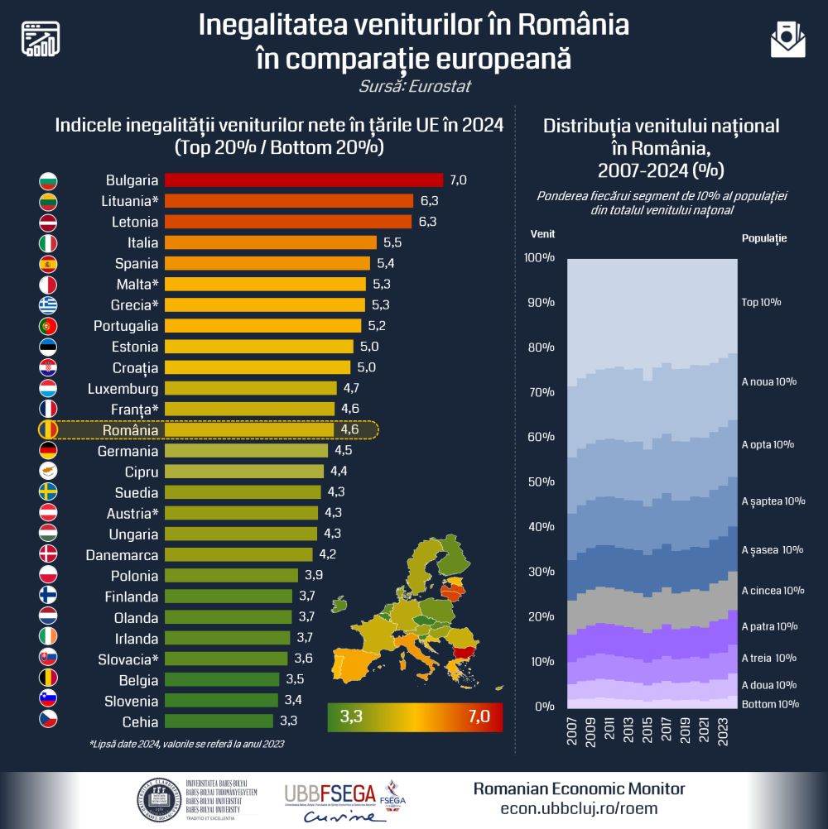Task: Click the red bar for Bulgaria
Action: (x=303, y=180)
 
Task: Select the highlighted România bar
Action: (x=248, y=430)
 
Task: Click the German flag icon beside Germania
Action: (x=48, y=451)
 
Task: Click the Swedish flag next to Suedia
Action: (x=48, y=492)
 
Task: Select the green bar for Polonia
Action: (x=231, y=576)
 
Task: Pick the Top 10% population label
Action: (x=761, y=302)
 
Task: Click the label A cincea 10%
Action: (x=773, y=591)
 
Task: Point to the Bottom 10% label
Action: (x=770, y=704)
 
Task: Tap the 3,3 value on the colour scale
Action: (x=351, y=716)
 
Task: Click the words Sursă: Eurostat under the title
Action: (x=415, y=86)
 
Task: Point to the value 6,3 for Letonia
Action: (x=427, y=222)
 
